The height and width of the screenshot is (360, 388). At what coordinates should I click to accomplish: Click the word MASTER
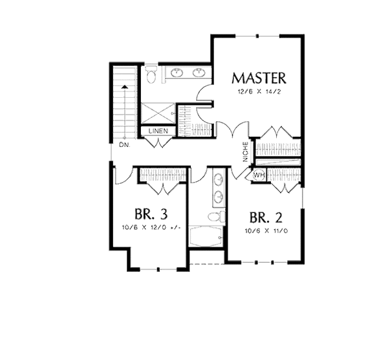(259, 78)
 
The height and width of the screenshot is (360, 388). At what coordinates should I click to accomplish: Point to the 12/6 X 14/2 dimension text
(259, 93)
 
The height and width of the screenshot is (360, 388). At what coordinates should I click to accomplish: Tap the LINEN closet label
(158, 131)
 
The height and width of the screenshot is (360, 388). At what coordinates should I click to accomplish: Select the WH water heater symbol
(259, 175)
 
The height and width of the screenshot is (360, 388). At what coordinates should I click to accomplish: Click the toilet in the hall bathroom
(219, 216)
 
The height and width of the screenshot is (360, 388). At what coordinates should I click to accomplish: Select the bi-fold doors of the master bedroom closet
(277, 133)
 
